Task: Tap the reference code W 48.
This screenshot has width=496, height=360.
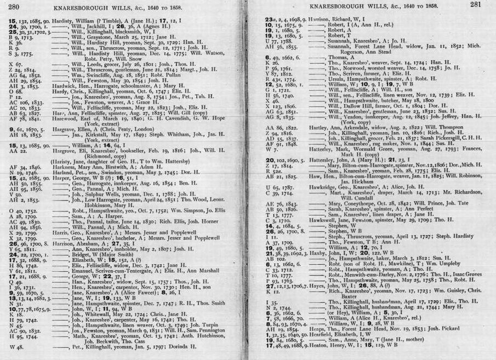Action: [17, 346]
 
